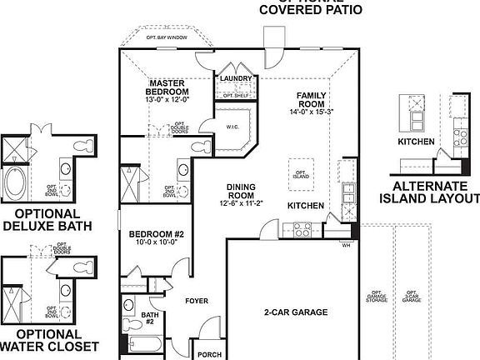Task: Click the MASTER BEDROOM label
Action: click(169, 88)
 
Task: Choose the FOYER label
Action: click(197, 301)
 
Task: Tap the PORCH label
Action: click(209, 354)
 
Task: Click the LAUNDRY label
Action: click(236, 78)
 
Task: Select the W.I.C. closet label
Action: click(232, 127)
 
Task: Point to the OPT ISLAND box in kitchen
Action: click(301, 172)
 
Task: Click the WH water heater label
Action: click(345, 245)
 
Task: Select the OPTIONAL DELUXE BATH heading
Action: click(47, 218)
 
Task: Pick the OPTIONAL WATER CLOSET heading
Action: click(47, 339)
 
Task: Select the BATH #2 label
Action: click(149, 313)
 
